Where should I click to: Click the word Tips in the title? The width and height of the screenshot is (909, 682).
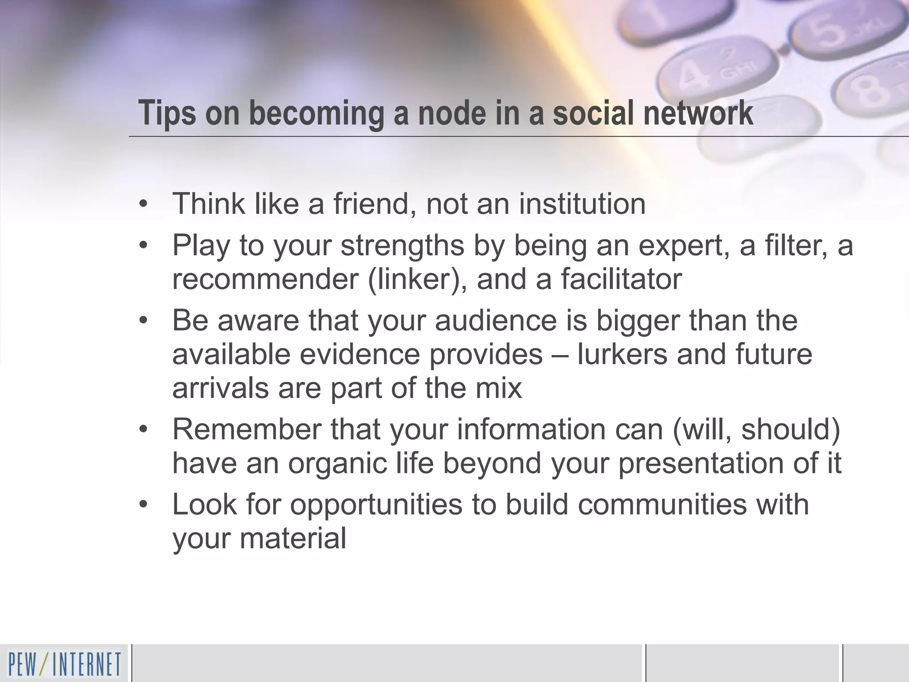tap(167, 113)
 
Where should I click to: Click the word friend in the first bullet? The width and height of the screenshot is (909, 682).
tap(371, 204)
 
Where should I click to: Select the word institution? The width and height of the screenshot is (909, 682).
tap(582, 204)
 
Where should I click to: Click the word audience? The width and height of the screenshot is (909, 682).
tap(496, 320)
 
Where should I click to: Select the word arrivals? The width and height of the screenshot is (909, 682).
tap(221, 388)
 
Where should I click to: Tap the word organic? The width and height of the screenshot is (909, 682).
tap(360, 464)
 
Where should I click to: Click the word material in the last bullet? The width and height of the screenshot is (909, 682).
tap(293, 538)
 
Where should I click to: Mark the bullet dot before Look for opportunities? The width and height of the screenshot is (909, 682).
tap(142, 505)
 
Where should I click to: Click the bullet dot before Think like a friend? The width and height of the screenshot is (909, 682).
tap(142, 204)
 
